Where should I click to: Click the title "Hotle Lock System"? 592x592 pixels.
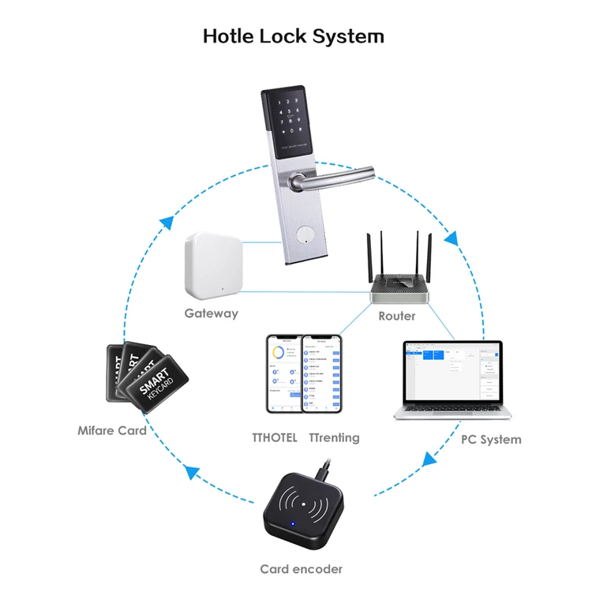pyautogui.click(x=294, y=36)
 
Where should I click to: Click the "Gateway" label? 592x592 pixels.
pyautogui.click(x=211, y=313)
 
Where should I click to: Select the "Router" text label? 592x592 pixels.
pyautogui.click(x=396, y=316)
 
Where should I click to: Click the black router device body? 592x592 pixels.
pyautogui.click(x=402, y=290)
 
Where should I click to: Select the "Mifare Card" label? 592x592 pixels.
pyautogui.click(x=112, y=431)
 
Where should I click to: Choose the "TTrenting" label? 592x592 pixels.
pyautogui.click(x=334, y=438)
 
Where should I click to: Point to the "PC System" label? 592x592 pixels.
pyautogui.click(x=491, y=439)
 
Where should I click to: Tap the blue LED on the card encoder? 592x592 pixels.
pyautogui.click(x=290, y=524)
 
